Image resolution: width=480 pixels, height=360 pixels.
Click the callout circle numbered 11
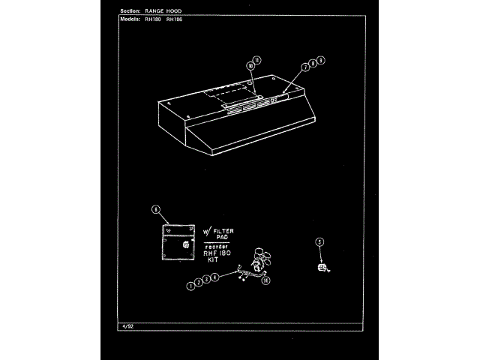coord(257,59)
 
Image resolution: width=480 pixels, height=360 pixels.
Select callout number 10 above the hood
coord(250,65)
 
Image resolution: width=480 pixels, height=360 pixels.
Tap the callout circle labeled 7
coord(306,67)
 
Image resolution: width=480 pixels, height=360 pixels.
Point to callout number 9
coord(320,59)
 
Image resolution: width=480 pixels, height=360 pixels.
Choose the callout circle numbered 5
coord(319,241)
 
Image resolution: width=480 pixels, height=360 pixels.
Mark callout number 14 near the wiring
coord(265,280)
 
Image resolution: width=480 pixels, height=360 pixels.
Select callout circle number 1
coord(191,286)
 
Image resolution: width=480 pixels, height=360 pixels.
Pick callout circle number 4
coord(215,277)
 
